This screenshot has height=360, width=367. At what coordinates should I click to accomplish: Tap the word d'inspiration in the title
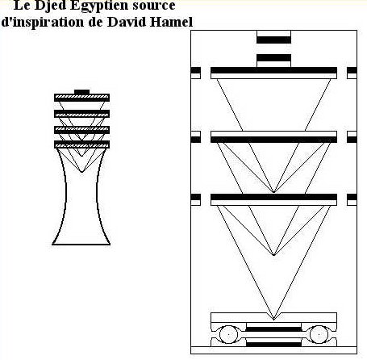click(43, 22)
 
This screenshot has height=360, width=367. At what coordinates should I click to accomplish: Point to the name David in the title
click(127, 22)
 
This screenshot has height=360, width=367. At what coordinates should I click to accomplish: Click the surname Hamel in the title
click(171, 22)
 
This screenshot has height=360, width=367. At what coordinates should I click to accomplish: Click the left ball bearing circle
click(228, 334)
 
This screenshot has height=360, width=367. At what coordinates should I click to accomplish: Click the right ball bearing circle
click(319, 334)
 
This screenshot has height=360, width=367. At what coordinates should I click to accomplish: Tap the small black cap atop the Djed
click(81, 92)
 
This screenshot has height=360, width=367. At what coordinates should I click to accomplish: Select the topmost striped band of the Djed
click(81, 98)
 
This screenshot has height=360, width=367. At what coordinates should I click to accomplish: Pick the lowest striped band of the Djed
click(81, 144)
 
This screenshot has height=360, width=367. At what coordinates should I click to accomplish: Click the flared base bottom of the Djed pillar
click(81, 245)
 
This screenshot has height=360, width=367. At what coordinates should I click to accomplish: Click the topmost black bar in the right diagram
click(273, 40)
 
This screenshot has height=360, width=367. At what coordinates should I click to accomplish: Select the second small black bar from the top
click(273, 58)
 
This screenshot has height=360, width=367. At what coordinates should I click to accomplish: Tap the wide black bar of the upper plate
click(273, 70)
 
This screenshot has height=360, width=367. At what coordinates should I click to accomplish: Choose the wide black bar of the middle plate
click(273, 140)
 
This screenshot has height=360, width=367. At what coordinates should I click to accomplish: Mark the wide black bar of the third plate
click(273, 197)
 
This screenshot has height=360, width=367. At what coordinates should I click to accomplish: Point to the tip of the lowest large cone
click(273, 320)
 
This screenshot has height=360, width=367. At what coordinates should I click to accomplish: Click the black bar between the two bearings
click(273, 329)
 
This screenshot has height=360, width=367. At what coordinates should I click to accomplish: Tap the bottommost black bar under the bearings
click(273, 345)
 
